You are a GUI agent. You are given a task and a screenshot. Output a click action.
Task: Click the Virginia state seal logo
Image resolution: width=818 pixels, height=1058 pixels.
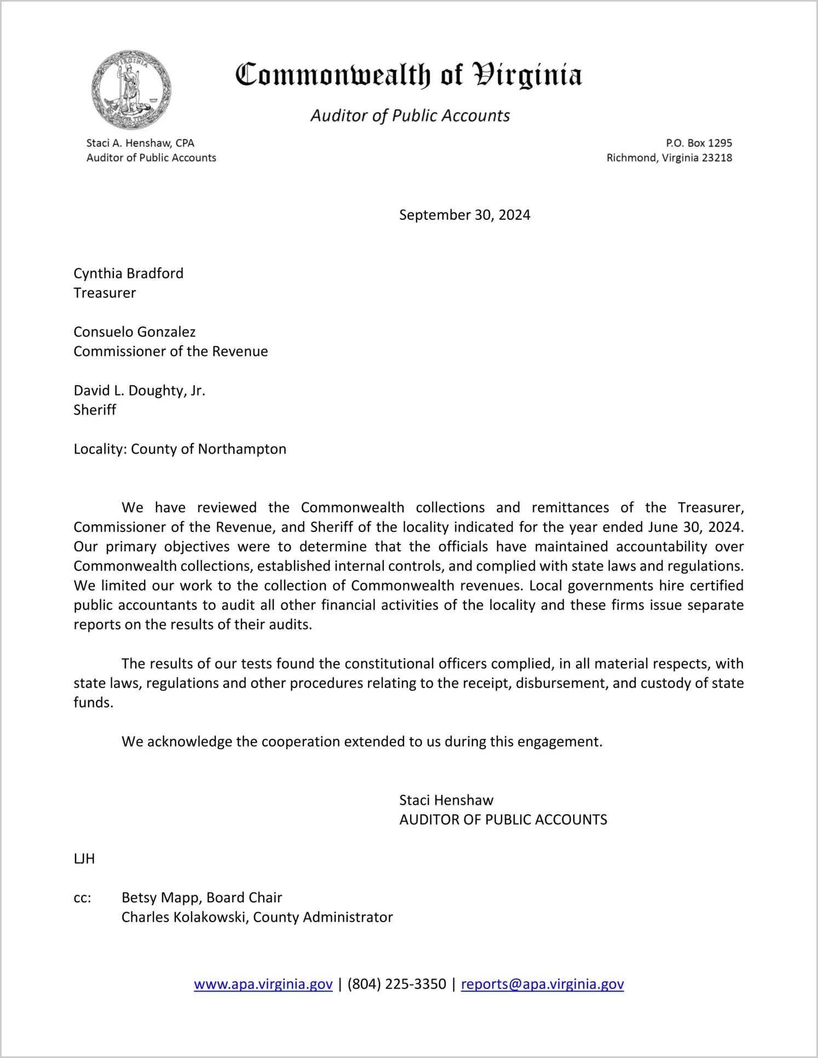click(x=131, y=90)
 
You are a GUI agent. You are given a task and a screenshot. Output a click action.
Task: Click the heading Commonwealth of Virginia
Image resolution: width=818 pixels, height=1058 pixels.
click(x=408, y=75)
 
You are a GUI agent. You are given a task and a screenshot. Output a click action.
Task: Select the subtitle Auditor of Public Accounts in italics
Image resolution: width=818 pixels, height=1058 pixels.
click(x=410, y=116)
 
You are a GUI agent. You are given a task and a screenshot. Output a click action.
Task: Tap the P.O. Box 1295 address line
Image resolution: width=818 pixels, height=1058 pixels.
click(x=699, y=143)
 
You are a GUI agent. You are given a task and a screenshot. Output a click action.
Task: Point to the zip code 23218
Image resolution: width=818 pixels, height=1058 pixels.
click(x=717, y=158)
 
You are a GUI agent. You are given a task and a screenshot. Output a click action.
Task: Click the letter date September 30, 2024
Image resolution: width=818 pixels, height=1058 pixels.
click(x=464, y=215)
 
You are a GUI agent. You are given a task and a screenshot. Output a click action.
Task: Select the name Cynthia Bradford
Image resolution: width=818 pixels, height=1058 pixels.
click(x=129, y=273)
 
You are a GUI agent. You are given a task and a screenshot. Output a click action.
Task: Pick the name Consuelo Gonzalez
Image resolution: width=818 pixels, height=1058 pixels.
click(x=134, y=332)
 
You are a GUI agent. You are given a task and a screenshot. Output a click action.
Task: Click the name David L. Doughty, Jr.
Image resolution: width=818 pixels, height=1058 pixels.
click(x=139, y=391)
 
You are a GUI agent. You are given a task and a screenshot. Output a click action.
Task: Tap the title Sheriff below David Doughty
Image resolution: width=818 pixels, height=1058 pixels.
click(x=95, y=410)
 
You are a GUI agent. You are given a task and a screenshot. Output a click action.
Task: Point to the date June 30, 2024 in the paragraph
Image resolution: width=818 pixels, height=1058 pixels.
click(x=695, y=527)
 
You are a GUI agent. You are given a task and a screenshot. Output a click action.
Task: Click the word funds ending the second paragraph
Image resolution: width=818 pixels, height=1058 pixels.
click(x=93, y=703)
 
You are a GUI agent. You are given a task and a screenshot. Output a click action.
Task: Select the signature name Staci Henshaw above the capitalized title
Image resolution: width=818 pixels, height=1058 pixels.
click(x=446, y=800)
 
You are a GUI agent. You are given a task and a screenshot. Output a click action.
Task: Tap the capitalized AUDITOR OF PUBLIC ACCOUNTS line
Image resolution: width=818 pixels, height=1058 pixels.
click(x=503, y=820)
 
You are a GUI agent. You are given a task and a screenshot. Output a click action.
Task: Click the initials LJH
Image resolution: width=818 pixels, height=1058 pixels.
click(x=84, y=859)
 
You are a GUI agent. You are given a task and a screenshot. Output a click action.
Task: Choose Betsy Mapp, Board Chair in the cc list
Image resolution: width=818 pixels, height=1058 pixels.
click(x=201, y=898)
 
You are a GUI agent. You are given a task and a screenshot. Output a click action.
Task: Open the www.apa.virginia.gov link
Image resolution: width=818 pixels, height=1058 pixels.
click(x=263, y=984)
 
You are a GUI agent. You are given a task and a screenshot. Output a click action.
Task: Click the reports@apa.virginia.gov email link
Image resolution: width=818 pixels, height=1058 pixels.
click(x=542, y=984)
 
